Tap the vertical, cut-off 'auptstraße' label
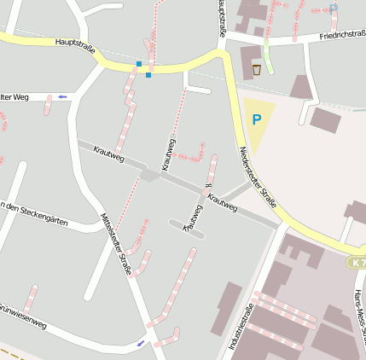(222, 19)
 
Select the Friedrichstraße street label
(342, 37)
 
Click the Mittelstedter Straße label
(116, 244)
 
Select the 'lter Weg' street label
(15, 97)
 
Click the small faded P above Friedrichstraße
(334, 9)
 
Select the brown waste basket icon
(256, 69)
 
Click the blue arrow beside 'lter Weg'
(61, 98)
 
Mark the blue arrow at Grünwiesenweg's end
(141, 343)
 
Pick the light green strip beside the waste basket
(268, 59)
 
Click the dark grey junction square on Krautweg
(150, 175)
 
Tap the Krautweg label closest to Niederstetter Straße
(223, 201)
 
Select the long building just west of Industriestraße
(226, 309)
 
